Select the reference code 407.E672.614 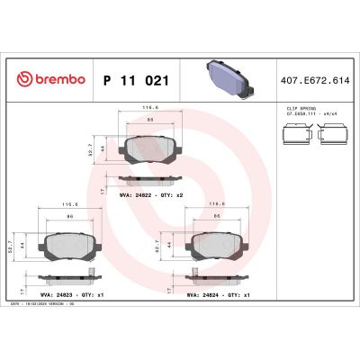312,80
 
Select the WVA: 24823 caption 65,293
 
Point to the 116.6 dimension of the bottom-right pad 219,205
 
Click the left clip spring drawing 294,136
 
